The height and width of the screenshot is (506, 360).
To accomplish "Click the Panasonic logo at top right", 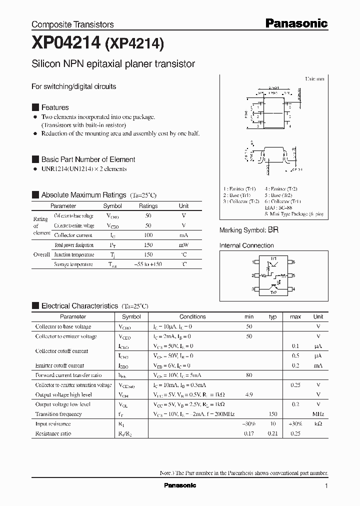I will coord(296,23).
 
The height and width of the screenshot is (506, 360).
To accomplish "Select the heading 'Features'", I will coord(55,107).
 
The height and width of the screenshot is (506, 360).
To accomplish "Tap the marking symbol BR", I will coord(273,230).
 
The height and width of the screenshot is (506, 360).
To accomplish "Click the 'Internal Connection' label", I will coord(246,245).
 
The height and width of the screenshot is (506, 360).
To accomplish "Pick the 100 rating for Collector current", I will coord(148,235).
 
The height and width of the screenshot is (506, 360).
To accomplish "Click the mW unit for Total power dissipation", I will coord(183,245).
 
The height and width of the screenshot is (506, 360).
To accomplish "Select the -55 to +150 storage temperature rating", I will coord(148,264).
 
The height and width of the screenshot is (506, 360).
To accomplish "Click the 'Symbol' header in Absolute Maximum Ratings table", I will coord(112,206).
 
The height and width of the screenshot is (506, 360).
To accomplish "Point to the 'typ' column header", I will coord(272,316).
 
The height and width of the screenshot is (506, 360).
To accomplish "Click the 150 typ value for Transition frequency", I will coord(272,414).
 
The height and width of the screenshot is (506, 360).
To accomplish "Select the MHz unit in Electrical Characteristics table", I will coord(318,414).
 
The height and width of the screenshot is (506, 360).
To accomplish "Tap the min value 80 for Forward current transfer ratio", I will coord(249,375).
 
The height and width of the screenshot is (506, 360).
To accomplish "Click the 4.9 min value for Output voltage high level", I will coord(249,394).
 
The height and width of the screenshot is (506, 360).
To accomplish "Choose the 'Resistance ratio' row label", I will coord(53,433).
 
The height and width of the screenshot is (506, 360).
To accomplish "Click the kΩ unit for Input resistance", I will coord(318,423).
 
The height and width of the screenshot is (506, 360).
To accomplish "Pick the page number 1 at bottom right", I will coord(326,486).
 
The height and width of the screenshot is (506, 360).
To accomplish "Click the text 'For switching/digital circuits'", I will coord(73,86).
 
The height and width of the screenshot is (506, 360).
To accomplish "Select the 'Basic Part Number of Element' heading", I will coord(88,159).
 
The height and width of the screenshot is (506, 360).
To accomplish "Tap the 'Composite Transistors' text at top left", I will coord(72,24).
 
